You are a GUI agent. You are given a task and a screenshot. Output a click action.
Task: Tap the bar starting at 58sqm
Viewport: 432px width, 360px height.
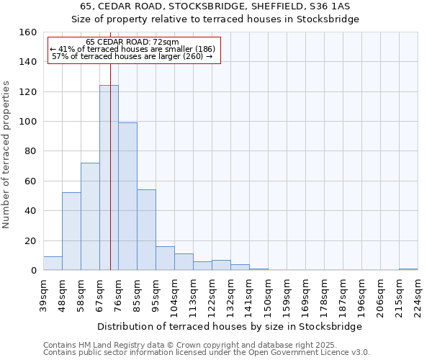90,217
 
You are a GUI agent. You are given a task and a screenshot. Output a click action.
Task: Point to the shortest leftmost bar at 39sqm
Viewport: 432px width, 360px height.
53,264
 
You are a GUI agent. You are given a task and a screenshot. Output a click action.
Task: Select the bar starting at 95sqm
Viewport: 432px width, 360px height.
165,258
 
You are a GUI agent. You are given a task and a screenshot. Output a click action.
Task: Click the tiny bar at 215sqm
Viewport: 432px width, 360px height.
408,269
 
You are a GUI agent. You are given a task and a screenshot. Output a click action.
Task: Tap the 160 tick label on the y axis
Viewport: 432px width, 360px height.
28,32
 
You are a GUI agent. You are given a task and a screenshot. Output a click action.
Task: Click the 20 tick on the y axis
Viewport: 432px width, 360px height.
31,240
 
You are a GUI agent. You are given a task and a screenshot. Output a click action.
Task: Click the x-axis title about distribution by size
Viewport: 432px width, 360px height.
230,326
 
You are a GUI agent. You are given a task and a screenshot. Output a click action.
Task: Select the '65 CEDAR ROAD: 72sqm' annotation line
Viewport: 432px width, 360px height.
132,42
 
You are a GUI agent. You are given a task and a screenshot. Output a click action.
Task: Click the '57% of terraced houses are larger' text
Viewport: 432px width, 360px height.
132,56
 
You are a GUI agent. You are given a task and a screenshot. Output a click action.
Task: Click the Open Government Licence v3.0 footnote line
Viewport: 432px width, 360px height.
207,352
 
